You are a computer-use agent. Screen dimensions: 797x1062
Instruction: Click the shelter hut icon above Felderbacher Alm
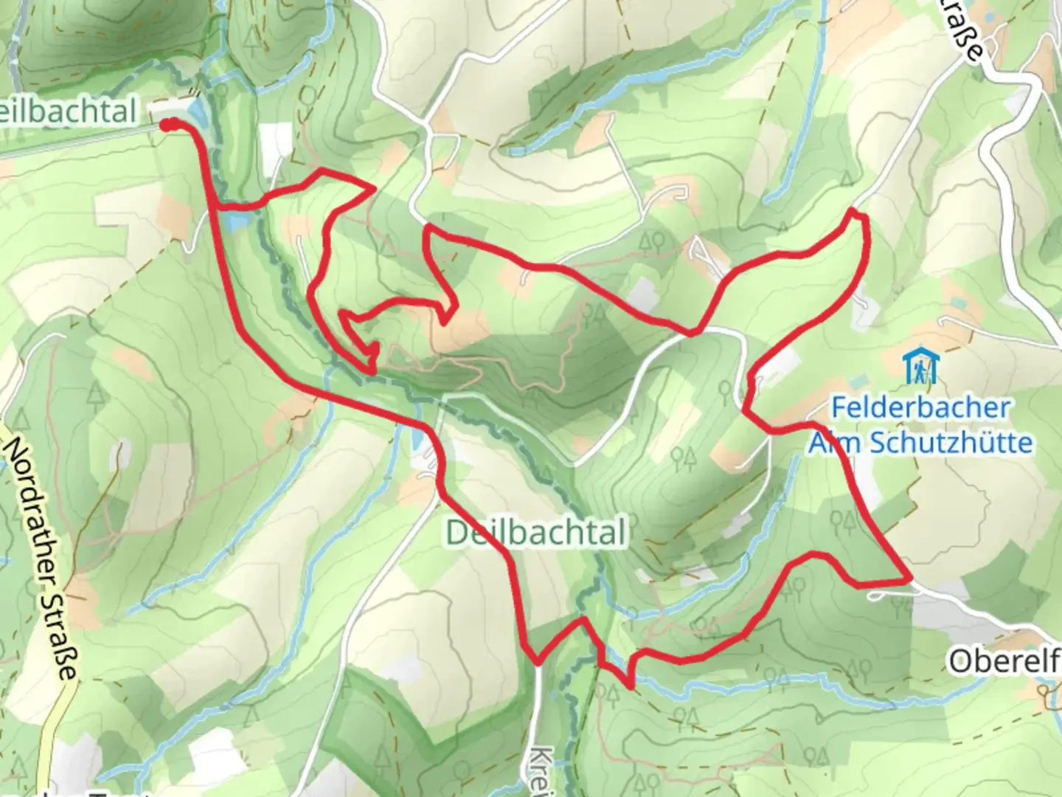click(920, 367)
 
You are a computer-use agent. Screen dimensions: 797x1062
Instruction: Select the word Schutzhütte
click(951, 443)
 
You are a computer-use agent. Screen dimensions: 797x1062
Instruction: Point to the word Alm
click(836, 443)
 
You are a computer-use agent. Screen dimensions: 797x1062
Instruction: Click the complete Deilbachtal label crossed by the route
click(536, 532)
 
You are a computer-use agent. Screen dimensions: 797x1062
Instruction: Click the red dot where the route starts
click(170, 124)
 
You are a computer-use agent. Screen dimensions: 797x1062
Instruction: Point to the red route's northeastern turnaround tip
click(855, 214)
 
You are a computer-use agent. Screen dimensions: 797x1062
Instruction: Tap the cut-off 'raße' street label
click(962, 33)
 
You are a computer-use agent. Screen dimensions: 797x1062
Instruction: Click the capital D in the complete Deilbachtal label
click(458, 533)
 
